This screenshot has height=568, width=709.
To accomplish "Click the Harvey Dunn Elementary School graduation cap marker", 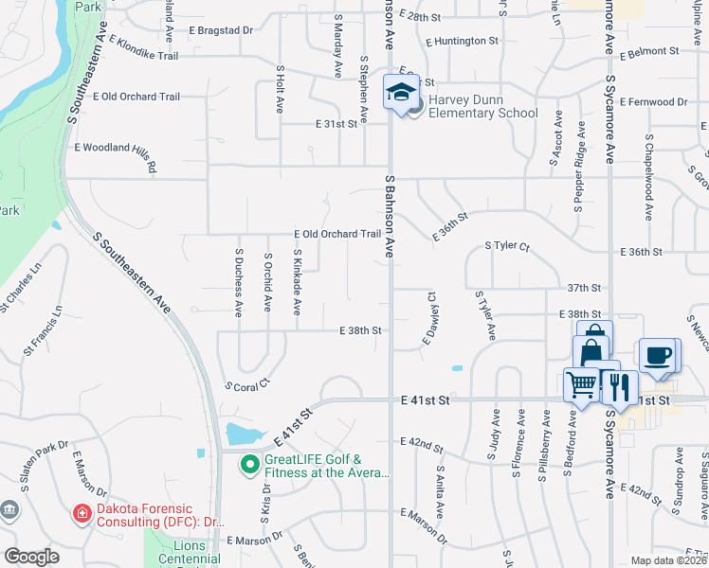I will [x=401, y=92].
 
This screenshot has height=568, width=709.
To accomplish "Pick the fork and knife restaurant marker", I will [x=619, y=385].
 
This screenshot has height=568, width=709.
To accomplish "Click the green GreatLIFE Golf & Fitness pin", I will [x=250, y=465].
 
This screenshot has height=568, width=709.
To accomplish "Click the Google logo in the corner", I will [x=31, y=556].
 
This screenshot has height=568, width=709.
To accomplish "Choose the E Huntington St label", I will [x=462, y=42].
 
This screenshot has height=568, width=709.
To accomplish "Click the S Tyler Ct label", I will [x=506, y=245].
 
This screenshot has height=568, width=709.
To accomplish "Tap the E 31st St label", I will [x=336, y=124].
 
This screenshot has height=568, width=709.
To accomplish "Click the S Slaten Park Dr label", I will [x=36, y=453].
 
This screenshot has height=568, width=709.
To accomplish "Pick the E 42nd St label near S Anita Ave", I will [x=422, y=442].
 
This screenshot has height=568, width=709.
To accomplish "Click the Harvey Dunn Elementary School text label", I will [x=482, y=106].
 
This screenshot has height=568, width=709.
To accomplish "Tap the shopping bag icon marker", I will [x=592, y=342].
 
